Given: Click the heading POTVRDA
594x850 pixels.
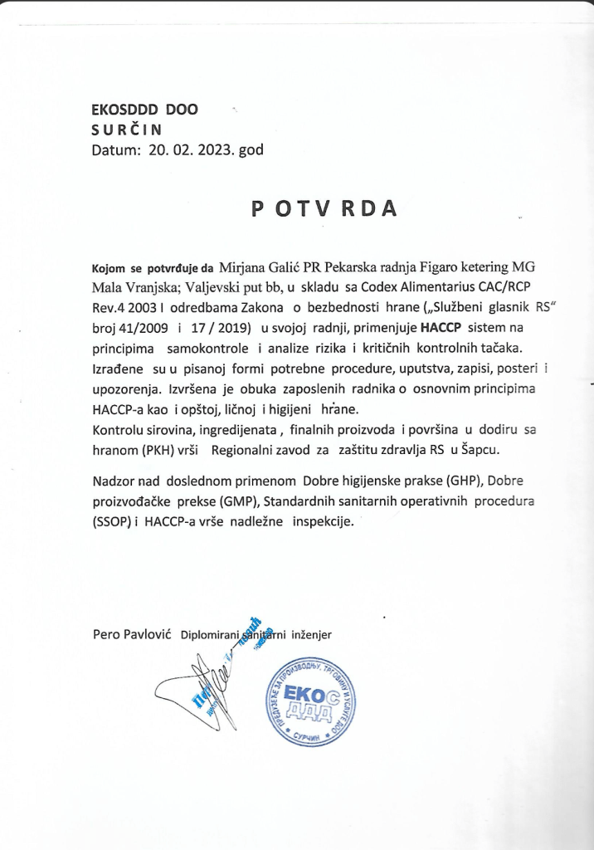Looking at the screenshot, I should coord(324,209).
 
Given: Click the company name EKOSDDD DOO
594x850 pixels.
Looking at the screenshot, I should coord(145,109).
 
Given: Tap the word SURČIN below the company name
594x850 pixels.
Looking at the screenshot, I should coord(128,129).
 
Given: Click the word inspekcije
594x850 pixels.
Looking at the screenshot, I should coord(321,522).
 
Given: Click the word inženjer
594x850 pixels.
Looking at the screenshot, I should coord(309,635).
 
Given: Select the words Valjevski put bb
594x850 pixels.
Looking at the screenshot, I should coord(235,288).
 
